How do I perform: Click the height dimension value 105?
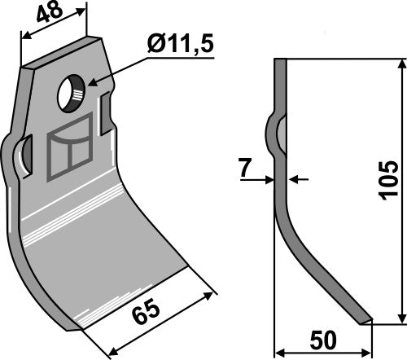tap(388, 189)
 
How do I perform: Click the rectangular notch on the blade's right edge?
tap(104, 115)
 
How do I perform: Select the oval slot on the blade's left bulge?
tap(25, 155)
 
